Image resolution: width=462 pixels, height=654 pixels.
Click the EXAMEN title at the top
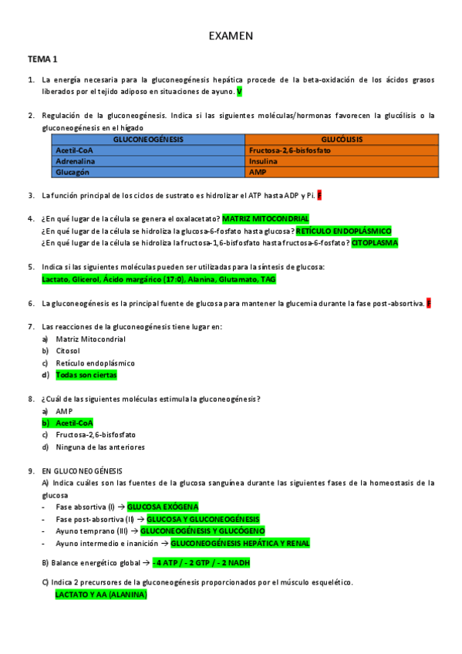coord(231,36)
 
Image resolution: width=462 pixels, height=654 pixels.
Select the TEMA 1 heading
coord(43,59)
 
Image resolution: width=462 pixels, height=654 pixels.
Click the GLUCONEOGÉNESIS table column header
coord(148,140)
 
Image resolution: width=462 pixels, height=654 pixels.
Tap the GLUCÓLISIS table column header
coord(342,140)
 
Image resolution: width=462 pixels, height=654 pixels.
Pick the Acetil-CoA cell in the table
coord(75,150)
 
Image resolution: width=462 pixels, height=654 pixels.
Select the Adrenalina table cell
coord(77,162)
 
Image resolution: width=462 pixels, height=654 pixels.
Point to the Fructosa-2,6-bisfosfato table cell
coord(290,150)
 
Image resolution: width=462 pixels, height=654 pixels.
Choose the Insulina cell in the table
coord(264,162)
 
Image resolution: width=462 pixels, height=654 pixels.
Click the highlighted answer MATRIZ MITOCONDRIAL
coord(265,219)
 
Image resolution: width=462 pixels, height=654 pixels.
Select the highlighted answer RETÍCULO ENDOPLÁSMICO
coord(343,231)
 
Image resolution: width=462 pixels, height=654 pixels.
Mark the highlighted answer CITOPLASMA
coord(375,242)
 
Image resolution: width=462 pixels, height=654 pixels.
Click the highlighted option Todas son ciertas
coord(86,375)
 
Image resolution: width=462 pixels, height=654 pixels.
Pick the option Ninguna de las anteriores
coord(100,447)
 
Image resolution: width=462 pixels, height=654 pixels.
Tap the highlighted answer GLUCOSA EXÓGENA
coord(163,507)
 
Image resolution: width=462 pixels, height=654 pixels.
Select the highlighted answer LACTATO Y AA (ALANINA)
coord(101,595)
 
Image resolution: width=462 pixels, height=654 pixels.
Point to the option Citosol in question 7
coord(68,351)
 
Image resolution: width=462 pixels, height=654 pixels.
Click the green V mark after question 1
coord(239,92)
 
